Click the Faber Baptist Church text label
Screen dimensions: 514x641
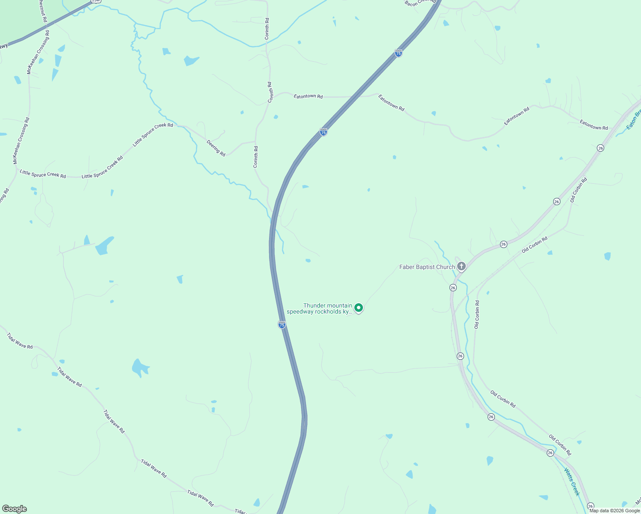click(427, 267)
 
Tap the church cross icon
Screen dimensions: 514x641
click(461, 266)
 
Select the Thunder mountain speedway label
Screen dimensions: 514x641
click(320, 308)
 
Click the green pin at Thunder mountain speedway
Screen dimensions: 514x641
click(359, 308)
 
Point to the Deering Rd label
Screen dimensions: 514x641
click(216, 148)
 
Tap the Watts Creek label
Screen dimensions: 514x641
click(572, 481)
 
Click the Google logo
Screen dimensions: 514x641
click(14, 509)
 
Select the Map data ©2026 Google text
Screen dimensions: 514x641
click(614, 511)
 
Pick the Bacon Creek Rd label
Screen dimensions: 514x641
click(420, 3)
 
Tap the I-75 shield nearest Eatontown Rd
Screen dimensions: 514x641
click(323, 132)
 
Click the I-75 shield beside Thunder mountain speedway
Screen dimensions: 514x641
click(282, 325)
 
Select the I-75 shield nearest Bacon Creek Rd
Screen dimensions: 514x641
click(398, 53)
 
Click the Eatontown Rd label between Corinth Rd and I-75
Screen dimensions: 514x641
click(308, 96)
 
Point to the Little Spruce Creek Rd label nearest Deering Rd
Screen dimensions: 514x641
click(153, 134)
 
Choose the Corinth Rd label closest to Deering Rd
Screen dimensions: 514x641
click(256, 157)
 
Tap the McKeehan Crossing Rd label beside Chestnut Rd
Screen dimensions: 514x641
click(38, 52)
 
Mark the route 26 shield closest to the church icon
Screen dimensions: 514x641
click(453, 288)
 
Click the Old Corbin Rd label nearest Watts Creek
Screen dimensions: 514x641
click(560, 445)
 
